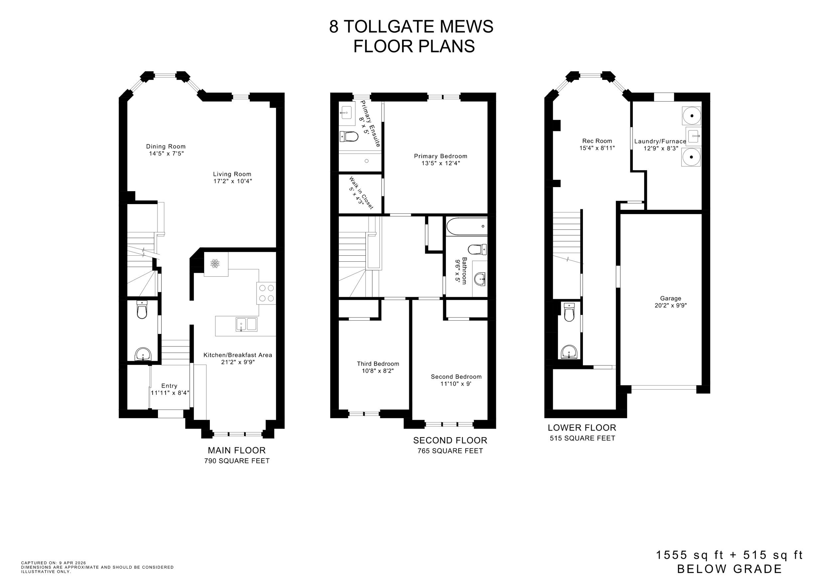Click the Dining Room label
pos(166,146)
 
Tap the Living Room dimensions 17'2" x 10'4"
pos(232,181)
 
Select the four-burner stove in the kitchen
pos(266,293)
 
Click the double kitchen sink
pos(246,324)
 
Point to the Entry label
pos(169,386)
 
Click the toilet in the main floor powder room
pos(142,310)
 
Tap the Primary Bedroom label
pos(440,156)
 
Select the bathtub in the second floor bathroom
pos(466,227)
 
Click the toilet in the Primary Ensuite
pos(349,136)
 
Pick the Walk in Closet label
pos(361,193)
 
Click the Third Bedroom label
pos(377,364)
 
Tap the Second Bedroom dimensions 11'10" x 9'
pos(456,384)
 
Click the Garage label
pos(670,298)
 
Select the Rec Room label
pos(597,141)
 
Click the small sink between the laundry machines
pos(693,136)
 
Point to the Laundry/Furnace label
pos(660,141)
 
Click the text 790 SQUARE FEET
pos(237,461)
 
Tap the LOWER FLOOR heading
pos(582,428)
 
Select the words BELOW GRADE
pos(729,569)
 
